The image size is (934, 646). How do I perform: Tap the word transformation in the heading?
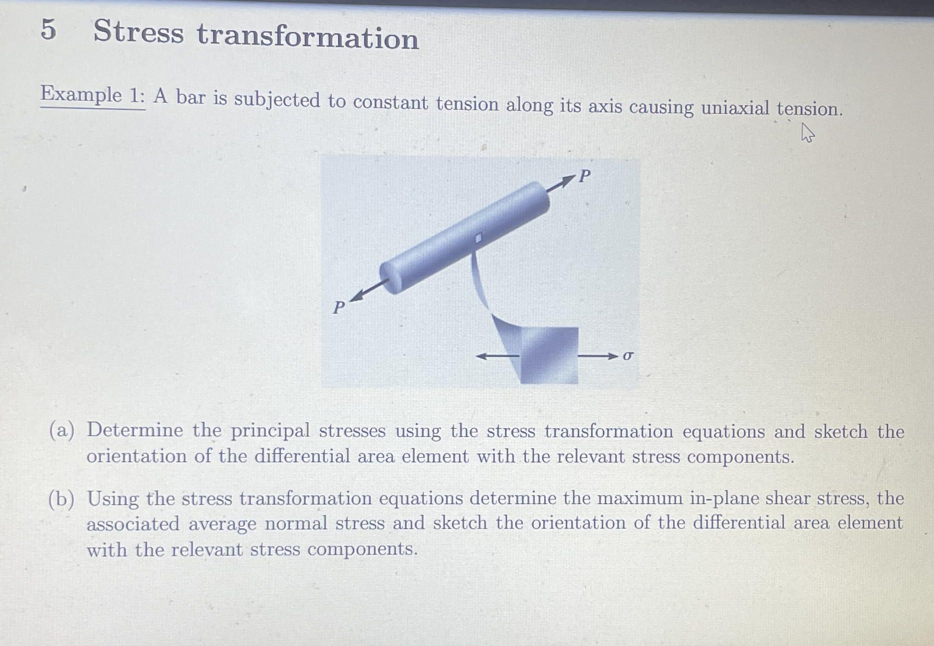[308, 37]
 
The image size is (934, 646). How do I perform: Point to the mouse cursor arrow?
[807, 133]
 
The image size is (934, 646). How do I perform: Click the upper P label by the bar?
[585, 176]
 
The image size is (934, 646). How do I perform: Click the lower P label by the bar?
[339, 307]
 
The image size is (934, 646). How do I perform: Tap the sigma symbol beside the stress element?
[628, 356]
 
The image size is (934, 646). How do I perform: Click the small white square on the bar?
[478, 238]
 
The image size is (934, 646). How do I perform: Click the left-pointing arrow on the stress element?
[498, 356]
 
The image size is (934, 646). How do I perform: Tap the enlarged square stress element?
[549, 355]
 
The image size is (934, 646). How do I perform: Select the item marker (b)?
[62, 499]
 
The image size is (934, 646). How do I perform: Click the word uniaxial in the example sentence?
[735, 108]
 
